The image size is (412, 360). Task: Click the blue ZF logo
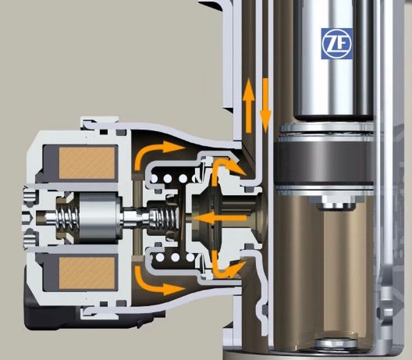point(336,44)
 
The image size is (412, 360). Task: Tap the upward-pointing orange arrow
point(248,105)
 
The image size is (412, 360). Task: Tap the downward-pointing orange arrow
point(265,105)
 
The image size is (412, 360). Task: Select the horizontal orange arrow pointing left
point(220,218)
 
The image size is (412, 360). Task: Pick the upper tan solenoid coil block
point(87,162)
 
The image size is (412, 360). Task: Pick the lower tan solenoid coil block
point(87,273)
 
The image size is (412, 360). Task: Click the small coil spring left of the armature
point(69,217)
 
